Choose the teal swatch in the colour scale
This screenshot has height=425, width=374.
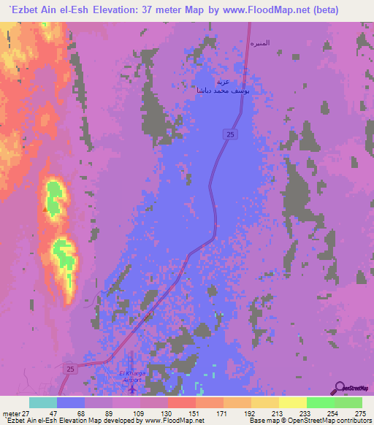[x=43, y=402]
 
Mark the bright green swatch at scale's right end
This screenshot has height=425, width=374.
[x=348, y=402]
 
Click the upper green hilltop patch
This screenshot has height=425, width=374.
[x=55, y=194]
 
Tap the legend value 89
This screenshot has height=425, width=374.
[x=109, y=413]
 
